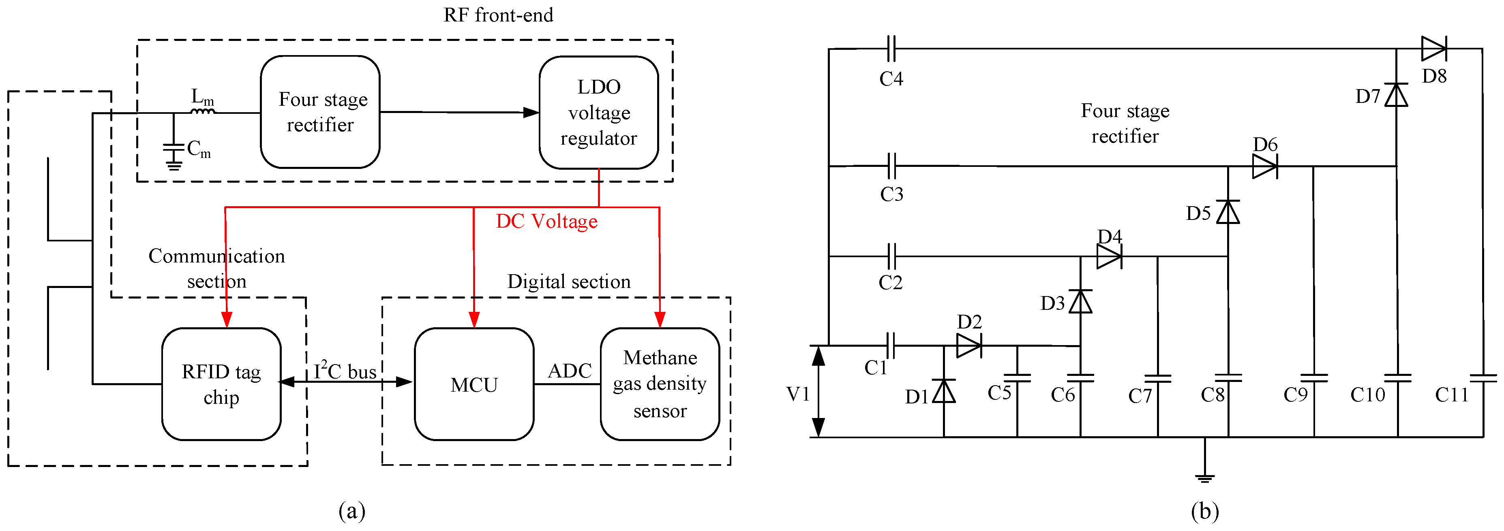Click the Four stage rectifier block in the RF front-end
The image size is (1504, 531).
pos(320,112)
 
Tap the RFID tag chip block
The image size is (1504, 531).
pos(221,384)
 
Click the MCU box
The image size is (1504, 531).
pos(474,384)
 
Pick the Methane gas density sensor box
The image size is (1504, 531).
pos(660,384)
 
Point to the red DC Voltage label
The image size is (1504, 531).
pos(546,221)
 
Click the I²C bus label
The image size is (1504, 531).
pos(345,371)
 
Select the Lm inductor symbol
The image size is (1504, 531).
pos(203,110)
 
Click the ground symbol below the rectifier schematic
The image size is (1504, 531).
pos(1204,477)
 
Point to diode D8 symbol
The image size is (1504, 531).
pos(1433,49)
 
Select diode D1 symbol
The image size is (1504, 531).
pos(943,391)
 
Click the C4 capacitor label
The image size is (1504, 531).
pos(891,79)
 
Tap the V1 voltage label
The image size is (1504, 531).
pos(797,395)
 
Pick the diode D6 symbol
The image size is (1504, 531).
pos(1265,166)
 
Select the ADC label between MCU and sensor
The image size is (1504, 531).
pos(569,371)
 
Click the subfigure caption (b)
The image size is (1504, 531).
pos(1204,511)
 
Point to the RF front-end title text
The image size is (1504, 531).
pos(498,15)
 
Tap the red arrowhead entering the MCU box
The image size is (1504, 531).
pos(474,319)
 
